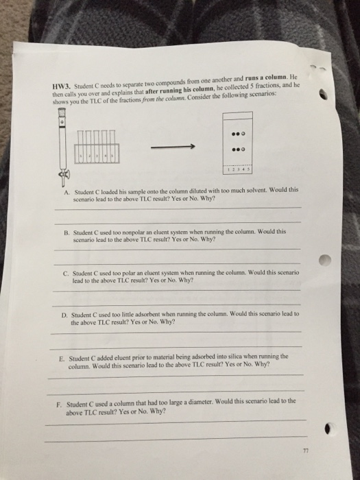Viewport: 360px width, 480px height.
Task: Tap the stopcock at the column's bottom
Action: [x=64, y=175]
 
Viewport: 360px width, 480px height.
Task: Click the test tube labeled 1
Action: [x=81, y=147]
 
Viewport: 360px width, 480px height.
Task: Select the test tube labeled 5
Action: [x=112, y=146]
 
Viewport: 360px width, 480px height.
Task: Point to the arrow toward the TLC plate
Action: [x=173, y=147]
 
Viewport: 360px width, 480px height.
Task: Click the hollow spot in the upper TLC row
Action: [x=243, y=134]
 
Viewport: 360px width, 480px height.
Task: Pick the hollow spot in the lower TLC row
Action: [x=243, y=149]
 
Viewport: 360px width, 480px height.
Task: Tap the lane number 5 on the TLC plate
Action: [x=249, y=169]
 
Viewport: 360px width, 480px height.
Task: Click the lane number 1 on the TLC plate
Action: [x=229, y=169]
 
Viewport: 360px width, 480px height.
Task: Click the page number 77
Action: [x=306, y=451]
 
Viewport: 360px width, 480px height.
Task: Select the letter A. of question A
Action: [x=67, y=193]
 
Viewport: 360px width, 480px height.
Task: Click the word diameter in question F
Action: [x=201, y=402]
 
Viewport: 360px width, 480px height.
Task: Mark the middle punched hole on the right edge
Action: [x=325, y=260]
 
